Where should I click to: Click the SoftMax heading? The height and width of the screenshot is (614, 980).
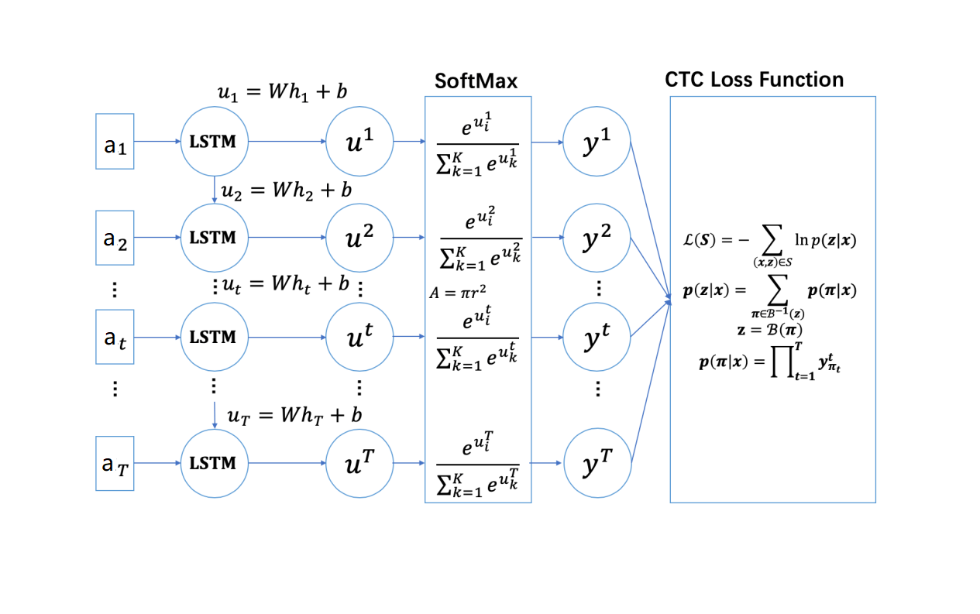(475, 81)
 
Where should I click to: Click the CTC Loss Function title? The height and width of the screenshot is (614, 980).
(754, 79)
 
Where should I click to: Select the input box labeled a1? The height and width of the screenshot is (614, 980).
(115, 142)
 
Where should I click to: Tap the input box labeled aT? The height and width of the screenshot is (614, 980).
(115, 464)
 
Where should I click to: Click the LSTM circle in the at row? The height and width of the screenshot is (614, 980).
(213, 337)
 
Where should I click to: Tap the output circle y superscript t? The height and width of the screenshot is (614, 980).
(597, 337)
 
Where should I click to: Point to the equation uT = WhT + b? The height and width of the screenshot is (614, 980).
(294, 415)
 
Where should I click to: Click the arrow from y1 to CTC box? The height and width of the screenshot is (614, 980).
(651, 217)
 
